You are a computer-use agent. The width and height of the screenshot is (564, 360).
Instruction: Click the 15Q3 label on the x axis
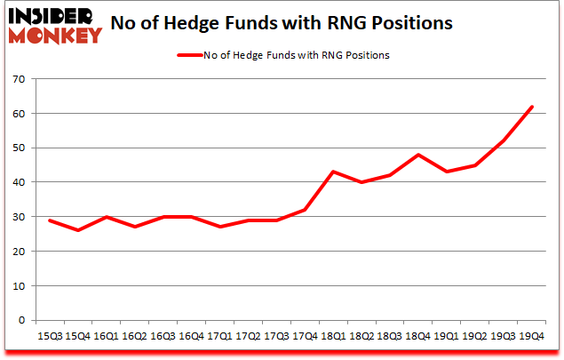click(49, 337)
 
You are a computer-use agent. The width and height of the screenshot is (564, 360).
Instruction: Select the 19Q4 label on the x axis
click(531, 337)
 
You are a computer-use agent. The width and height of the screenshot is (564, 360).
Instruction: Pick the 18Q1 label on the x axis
click(333, 337)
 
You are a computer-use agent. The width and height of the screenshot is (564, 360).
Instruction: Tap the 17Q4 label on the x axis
click(305, 337)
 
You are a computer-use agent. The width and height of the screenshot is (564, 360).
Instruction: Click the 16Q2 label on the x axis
click(134, 337)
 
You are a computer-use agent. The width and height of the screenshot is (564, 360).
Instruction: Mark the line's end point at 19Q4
click(531, 108)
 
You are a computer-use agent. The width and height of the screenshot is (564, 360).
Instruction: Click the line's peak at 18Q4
click(418, 156)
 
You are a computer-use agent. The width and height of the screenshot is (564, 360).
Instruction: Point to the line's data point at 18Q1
click(333, 172)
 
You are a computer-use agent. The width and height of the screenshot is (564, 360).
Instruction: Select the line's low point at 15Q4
click(77, 231)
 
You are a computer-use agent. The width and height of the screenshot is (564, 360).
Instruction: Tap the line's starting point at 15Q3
click(49, 220)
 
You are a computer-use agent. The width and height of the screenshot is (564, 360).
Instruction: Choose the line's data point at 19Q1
click(447, 172)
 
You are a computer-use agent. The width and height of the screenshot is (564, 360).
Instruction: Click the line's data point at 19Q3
click(503, 141)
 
